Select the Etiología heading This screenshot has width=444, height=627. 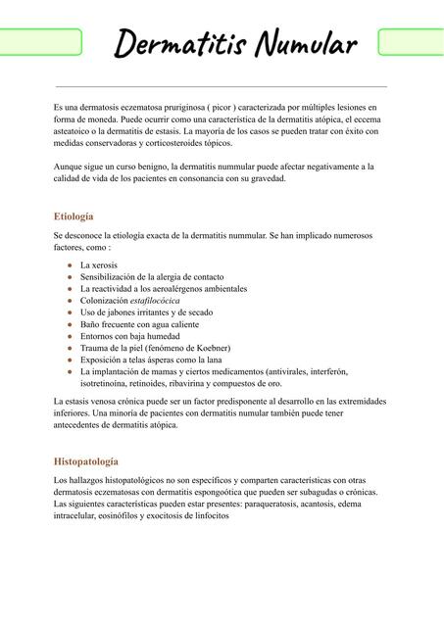pyautogui.click(x=74, y=216)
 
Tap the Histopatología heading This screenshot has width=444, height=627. pyautogui.click(x=86, y=460)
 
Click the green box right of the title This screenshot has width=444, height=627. pyautogui.click(x=411, y=42)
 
